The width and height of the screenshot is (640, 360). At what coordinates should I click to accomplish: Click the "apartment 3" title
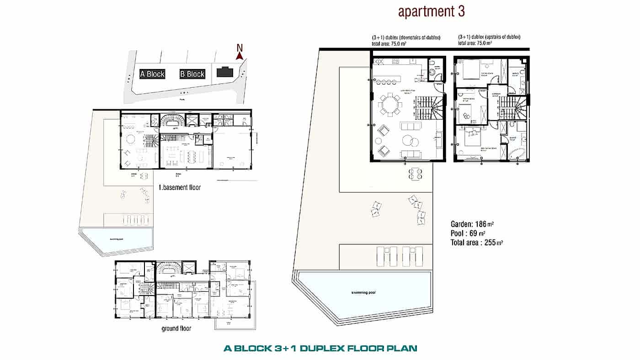coord(431,12)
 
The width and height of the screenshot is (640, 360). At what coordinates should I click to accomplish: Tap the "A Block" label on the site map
coord(152,74)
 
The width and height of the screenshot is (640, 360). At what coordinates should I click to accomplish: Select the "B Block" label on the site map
coord(192,74)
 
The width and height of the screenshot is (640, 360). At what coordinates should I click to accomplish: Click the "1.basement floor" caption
coord(179,187)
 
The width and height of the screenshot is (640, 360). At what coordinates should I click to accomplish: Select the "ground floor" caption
coord(176,328)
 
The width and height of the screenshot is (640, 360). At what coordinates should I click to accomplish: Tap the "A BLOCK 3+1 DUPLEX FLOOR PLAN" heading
coord(320,349)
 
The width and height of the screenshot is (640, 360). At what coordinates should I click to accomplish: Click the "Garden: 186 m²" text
coord(472,224)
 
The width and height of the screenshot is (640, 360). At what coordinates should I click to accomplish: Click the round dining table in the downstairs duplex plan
coord(390,104)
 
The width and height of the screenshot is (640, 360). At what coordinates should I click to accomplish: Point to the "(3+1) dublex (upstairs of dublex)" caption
coord(489,37)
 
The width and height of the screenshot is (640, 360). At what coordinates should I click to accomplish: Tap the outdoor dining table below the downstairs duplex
coord(416,173)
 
